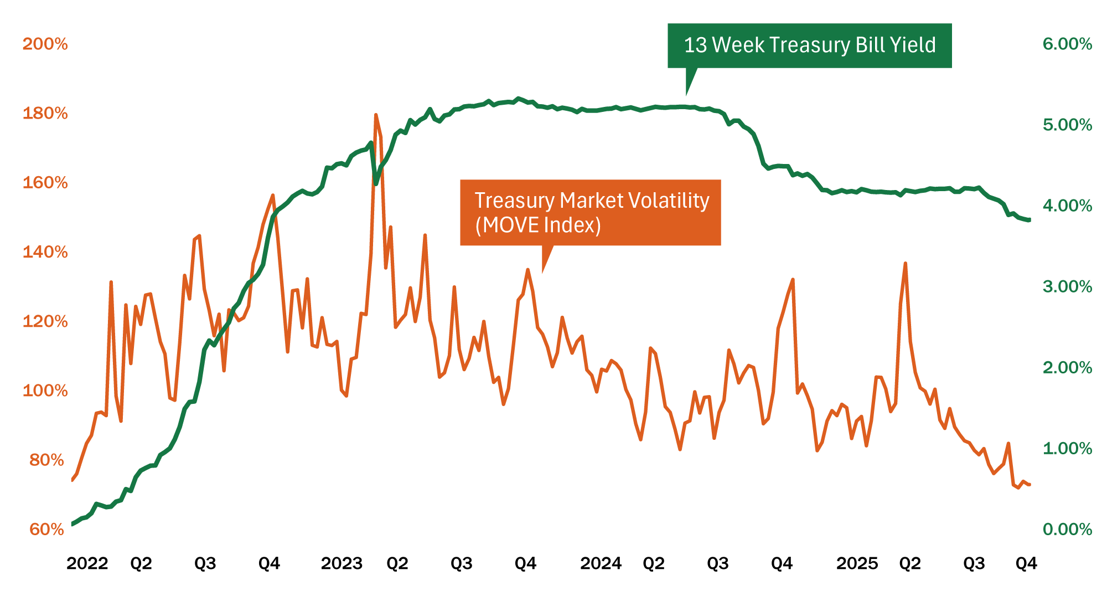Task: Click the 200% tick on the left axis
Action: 45,44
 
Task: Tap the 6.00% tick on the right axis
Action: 1067,44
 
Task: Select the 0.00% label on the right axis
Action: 1067,529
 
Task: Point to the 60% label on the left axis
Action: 47,529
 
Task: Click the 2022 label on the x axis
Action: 87,563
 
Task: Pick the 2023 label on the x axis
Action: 342,563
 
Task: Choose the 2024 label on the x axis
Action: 601,563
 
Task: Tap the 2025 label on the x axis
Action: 857,563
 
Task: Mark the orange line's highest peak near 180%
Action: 376,115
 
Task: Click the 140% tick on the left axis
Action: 45,252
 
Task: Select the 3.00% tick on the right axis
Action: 1067,286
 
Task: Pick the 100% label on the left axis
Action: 45,391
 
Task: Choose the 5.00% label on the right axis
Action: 1067,125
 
